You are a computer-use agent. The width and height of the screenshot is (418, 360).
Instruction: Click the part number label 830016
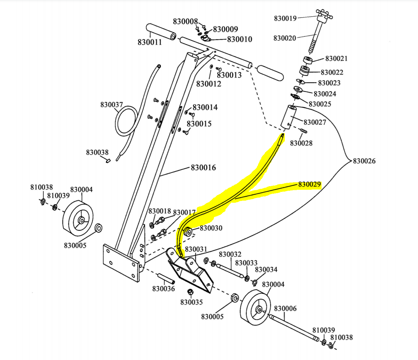(x=203, y=167)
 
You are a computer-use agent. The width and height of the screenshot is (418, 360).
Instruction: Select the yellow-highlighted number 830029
(x=310, y=184)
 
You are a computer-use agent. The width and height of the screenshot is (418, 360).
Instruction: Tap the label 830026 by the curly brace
(x=364, y=161)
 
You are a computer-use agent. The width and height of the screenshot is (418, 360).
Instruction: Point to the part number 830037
(x=112, y=105)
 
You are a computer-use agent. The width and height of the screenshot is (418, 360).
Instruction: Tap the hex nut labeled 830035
(x=190, y=292)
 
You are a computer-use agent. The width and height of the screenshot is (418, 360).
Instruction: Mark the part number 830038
(x=97, y=152)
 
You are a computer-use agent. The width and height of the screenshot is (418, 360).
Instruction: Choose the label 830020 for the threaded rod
(x=284, y=38)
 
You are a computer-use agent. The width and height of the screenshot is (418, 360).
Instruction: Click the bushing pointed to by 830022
(x=304, y=71)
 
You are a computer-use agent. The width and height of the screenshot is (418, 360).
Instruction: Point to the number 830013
(x=229, y=75)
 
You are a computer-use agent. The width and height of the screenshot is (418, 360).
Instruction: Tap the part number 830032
(x=230, y=254)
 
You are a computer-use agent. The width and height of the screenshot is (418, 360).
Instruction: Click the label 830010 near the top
(x=240, y=39)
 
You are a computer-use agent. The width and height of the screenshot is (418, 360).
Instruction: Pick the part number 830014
(x=205, y=107)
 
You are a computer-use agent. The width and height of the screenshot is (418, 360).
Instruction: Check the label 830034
(x=266, y=269)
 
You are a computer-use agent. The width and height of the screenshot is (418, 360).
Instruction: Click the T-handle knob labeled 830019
(x=324, y=16)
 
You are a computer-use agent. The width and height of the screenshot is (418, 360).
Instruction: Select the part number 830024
(x=325, y=94)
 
